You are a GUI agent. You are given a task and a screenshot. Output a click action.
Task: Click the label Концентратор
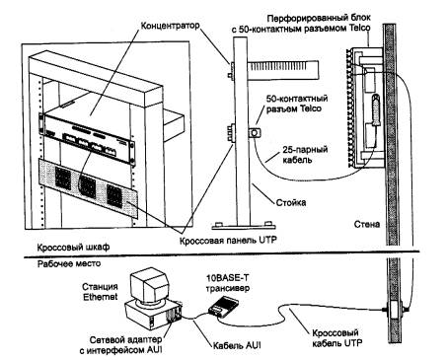tap(170, 26)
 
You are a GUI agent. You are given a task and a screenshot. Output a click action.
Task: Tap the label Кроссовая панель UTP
tap(228, 240)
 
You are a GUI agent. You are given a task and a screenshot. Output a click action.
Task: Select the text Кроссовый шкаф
tap(73, 247)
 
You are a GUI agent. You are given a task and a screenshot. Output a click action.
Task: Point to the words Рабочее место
tap(69, 263)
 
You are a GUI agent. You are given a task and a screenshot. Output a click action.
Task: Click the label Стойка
tap(290, 202)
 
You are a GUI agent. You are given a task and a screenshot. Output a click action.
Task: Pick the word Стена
tap(367, 224)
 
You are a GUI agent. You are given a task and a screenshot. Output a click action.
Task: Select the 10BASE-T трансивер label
tap(228, 283)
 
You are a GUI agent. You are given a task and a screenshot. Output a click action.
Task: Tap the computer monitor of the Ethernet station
tap(149, 285)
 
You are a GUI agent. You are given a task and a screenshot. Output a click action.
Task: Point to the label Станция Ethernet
tap(100, 292)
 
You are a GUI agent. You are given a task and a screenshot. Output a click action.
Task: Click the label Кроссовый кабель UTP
tap(337, 338)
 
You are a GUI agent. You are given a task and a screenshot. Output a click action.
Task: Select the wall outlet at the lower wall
tap(394, 310)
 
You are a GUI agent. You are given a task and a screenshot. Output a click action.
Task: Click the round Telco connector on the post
tap(255, 133)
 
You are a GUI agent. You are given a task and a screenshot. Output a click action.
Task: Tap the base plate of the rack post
tap(244, 226)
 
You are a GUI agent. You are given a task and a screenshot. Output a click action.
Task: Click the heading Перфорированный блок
tap(319, 18)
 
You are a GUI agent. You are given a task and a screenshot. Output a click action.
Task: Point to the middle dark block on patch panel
tap(88, 186)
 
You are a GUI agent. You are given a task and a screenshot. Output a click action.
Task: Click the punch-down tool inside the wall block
tap(375, 110)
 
